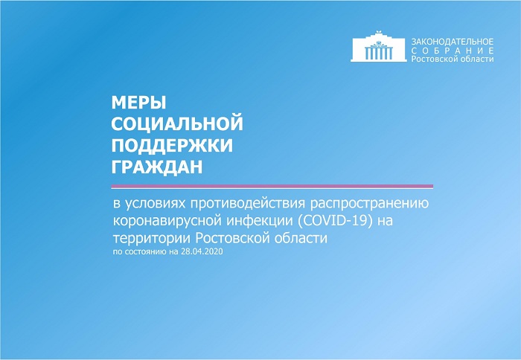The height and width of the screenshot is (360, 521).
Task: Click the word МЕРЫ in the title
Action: [x=138, y=103]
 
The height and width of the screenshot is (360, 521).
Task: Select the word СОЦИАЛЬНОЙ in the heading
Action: [x=177, y=124]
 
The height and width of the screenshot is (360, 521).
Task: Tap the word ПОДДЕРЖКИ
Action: [x=172, y=146]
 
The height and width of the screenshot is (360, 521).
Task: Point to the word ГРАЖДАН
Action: [x=157, y=167]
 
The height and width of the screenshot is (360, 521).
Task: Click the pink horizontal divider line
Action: [x=272, y=186]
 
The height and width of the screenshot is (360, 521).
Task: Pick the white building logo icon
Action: [x=378, y=47]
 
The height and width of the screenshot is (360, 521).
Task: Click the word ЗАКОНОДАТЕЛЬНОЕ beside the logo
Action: [x=453, y=42]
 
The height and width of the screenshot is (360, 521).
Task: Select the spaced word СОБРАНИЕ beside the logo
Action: [x=453, y=51]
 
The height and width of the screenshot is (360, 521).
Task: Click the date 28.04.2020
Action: [x=202, y=251]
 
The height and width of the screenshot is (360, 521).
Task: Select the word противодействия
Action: [x=248, y=203]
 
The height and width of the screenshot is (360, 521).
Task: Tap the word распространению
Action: [x=369, y=204]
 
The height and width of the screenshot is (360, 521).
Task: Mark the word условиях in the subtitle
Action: [x=155, y=204]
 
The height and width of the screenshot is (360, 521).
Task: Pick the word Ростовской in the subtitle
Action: [x=234, y=239]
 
